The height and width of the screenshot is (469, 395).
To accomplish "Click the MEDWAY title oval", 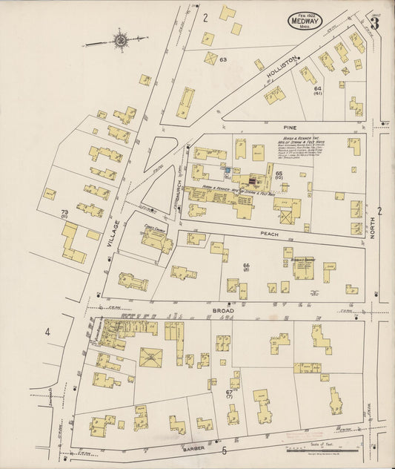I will tap(305, 20).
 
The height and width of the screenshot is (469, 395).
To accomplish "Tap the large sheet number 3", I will tap(375, 23).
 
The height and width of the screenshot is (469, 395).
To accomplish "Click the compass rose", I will tap(119, 42).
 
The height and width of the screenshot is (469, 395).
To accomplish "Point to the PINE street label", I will tap(288, 128).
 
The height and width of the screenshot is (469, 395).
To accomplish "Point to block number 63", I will tap(222, 59).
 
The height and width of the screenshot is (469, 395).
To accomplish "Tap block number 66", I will tap(246, 266).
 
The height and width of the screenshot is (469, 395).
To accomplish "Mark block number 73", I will tap(64, 212).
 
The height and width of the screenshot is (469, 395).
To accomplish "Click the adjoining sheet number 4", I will tap(47, 332).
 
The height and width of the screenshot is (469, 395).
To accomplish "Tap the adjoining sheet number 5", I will tap(223, 450).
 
